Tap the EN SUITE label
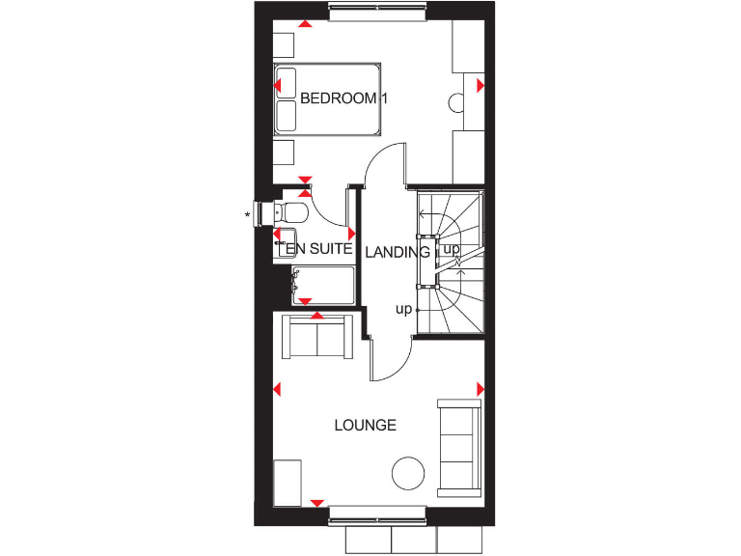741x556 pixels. (x=317, y=249)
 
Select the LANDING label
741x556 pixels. (x=398, y=252)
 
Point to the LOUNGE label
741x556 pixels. (x=366, y=425)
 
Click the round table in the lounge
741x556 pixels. (x=407, y=474)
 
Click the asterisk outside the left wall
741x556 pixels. (x=248, y=214)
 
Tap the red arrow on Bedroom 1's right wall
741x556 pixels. (x=480, y=86)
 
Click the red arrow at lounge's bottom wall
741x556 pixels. (x=316, y=503)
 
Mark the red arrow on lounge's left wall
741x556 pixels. (x=277, y=390)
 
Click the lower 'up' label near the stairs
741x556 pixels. (x=403, y=309)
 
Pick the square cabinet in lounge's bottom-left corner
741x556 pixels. (x=290, y=482)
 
